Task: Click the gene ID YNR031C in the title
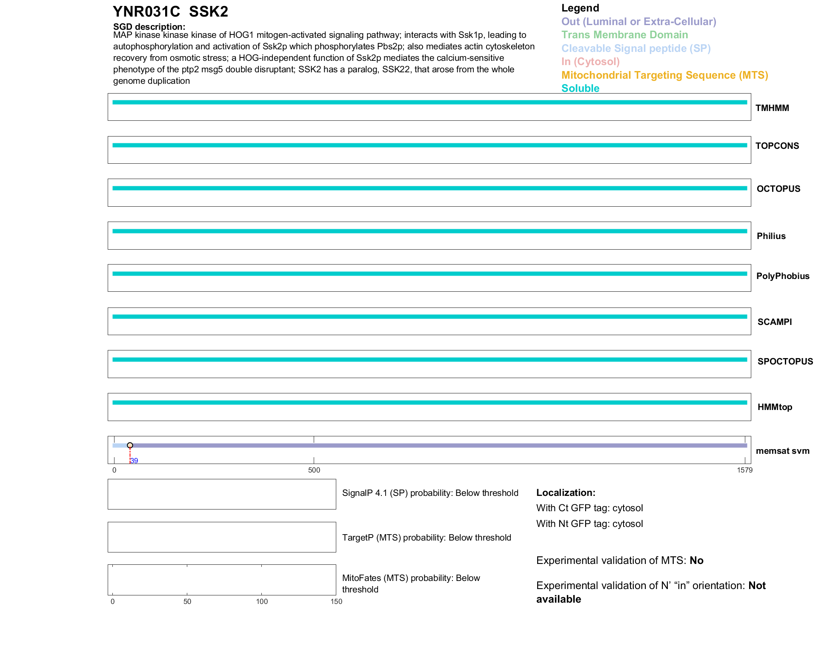[x=146, y=12]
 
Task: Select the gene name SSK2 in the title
[x=209, y=12]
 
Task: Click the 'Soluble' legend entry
[x=580, y=88]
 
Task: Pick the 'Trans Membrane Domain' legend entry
[x=624, y=35]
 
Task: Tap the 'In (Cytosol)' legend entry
[x=590, y=62]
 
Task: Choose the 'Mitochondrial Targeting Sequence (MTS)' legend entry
[x=664, y=75]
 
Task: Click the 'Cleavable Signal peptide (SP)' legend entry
[x=636, y=48]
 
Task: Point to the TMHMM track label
[x=772, y=108]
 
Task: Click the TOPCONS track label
[x=777, y=146]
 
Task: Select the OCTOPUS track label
[x=778, y=189]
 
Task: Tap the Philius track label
[x=771, y=236]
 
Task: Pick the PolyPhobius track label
[x=783, y=276]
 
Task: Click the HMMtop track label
[x=775, y=407]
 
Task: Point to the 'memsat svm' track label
[x=782, y=451]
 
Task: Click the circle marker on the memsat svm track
[x=130, y=445]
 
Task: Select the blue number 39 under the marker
[x=134, y=461]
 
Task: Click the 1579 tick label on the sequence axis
[x=744, y=470]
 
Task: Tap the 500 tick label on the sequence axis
[x=314, y=470]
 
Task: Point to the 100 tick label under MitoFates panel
[x=262, y=601]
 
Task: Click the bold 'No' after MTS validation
[x=696, y=561]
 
